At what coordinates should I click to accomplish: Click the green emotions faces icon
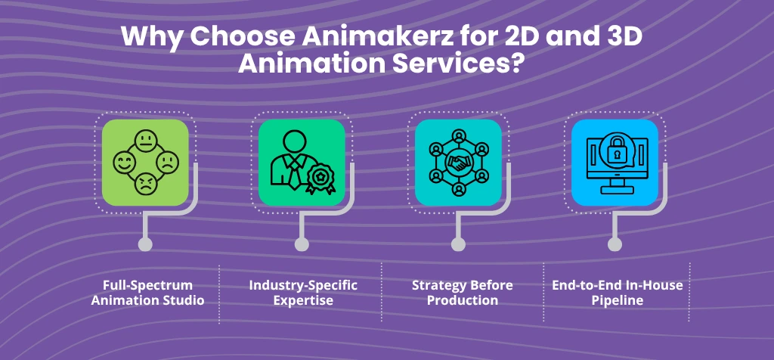coord(145,163)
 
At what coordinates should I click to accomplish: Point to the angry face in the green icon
coord(145,184)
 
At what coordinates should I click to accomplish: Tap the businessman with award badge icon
coord(302,163)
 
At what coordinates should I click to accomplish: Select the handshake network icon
coord(458,163)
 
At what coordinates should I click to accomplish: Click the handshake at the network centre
coord(458,163)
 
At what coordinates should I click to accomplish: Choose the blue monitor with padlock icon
coord(615,163)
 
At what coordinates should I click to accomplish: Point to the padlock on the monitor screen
coord(615,154)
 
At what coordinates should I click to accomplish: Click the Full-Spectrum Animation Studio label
coord(148,293)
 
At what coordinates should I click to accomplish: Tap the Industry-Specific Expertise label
coord(303,293)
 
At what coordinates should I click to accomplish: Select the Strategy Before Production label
coord(463,293)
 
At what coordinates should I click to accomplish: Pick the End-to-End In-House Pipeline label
coord(617,293)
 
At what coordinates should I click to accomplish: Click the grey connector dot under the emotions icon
coord(145,244)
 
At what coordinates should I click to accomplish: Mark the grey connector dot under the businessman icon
coord(302,244)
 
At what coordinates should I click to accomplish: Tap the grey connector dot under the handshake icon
coord(458,244)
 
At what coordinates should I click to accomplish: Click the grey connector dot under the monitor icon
coord(615,244)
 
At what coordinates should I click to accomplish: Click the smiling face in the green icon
coord(123,162)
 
